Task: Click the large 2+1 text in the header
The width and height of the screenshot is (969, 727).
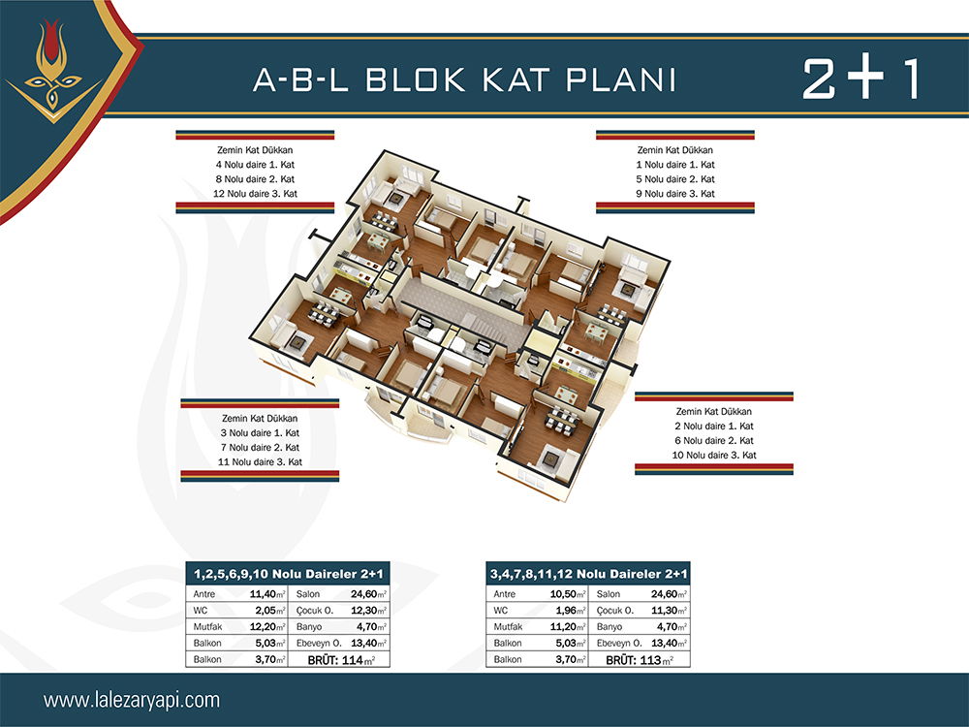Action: pyautogui.click(x=860, y=79)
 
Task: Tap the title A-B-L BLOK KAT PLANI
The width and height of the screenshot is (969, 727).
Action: pyautogui.click(x=465, y=79)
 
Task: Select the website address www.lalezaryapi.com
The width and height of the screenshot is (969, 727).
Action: pyautogui.click(x=132, y=701)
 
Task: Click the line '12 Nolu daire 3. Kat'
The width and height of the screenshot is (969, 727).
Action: pyautogui.click(x=255, y=194)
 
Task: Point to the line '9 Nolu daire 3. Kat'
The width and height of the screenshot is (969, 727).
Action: pyautogui.click(x=675, y=194)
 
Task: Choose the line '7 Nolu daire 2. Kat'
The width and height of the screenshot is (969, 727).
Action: pyautogui.click(x=260, y=447)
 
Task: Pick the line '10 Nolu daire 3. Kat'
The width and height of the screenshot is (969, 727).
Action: pyautogui.click(x=714, y=455)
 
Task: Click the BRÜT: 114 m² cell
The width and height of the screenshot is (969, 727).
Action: pyautogui.click(x=341, y=660)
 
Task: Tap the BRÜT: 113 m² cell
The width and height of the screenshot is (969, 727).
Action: pyautogui.click(x=640, y=660)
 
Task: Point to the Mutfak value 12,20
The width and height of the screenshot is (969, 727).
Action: pyautogui.click(x=267, y=627)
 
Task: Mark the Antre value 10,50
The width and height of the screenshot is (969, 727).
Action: pyautogui.click(x=567, y=594)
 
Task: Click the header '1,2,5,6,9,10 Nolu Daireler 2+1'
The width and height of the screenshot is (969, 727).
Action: pyautogui.click(x=288, y=574)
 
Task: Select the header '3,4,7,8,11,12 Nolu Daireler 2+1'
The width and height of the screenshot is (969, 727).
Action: pyautogui.click(x=588, y=574)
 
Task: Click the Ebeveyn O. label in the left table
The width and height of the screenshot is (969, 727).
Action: pyautogui.click(x=319, y=643)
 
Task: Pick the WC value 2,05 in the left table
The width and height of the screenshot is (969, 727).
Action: pyautogui.click(x=270, y=610)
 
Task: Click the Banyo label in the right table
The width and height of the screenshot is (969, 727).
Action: pyautogui.click(x=610, y=627)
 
